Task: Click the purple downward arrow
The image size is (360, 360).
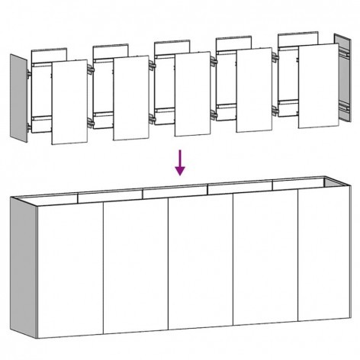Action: point(180,162)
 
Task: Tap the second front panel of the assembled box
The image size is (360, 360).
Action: point(136,271)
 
